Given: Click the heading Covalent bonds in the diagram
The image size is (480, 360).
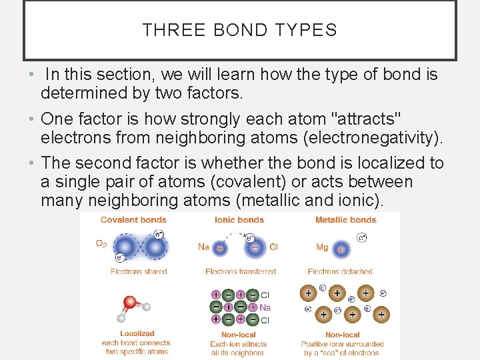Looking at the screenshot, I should pyautogui.click(x=133, y=220).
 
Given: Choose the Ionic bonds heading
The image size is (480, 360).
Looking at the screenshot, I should pyautogui.click(x=239, y=220).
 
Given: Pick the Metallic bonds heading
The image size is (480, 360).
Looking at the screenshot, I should pyautogui.click(x=345, y=220).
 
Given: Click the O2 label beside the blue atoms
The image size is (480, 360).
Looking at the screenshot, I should pyautogui.click(x=101, y=244).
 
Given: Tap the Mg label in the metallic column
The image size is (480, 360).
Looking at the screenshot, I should pyautogui.click(x=322, y=247).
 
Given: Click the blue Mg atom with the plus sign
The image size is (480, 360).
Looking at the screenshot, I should pyautogui.click(x=341, y=249).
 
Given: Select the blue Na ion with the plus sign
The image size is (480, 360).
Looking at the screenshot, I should pyautogui.click(x=220, y=247).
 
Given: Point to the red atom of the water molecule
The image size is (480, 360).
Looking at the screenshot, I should pyautogui.click(x=131, y=303).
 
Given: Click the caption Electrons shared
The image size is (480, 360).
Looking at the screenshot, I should pyautogui.click(x=139, y=271).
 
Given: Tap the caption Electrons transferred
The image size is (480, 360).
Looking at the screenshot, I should pyautogui.click(x=241, y=271).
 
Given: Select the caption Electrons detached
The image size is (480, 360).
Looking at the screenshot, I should pyautogui.click(x=340, y=271).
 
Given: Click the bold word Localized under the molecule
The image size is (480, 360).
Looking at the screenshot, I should pyautogui.click(x=137, y=333).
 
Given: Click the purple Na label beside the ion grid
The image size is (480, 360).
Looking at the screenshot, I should pyautogui.click(x=265, y=307).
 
